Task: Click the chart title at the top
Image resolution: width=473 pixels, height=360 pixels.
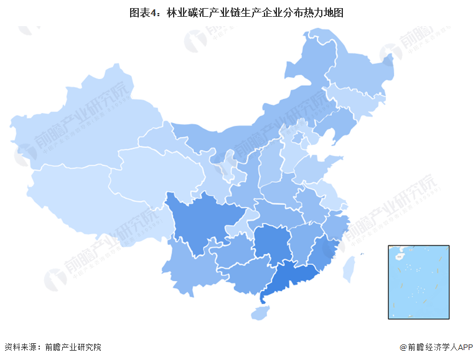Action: coord(236,12)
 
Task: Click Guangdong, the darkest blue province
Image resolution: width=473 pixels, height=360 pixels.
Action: coord(293,277)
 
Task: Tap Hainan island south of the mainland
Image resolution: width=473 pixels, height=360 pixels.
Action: coord(261,312)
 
